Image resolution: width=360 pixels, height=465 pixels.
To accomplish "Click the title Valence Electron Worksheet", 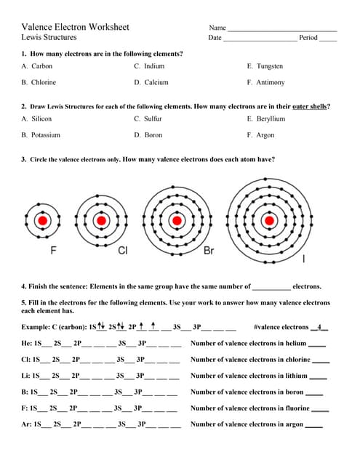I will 76,27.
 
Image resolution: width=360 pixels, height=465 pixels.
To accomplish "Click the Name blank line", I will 282,30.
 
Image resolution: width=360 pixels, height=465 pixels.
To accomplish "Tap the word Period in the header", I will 308,38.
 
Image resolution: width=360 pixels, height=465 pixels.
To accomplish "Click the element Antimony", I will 270,83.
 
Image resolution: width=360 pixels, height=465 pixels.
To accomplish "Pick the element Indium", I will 154,66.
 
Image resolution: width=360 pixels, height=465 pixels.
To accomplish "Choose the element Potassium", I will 45,135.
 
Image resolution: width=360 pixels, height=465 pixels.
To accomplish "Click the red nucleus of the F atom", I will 43,220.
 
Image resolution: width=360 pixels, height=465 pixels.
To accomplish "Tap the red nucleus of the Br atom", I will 176,220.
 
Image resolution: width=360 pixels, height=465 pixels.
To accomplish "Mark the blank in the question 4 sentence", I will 271,288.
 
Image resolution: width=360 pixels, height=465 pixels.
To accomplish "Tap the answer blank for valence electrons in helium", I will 317,344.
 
